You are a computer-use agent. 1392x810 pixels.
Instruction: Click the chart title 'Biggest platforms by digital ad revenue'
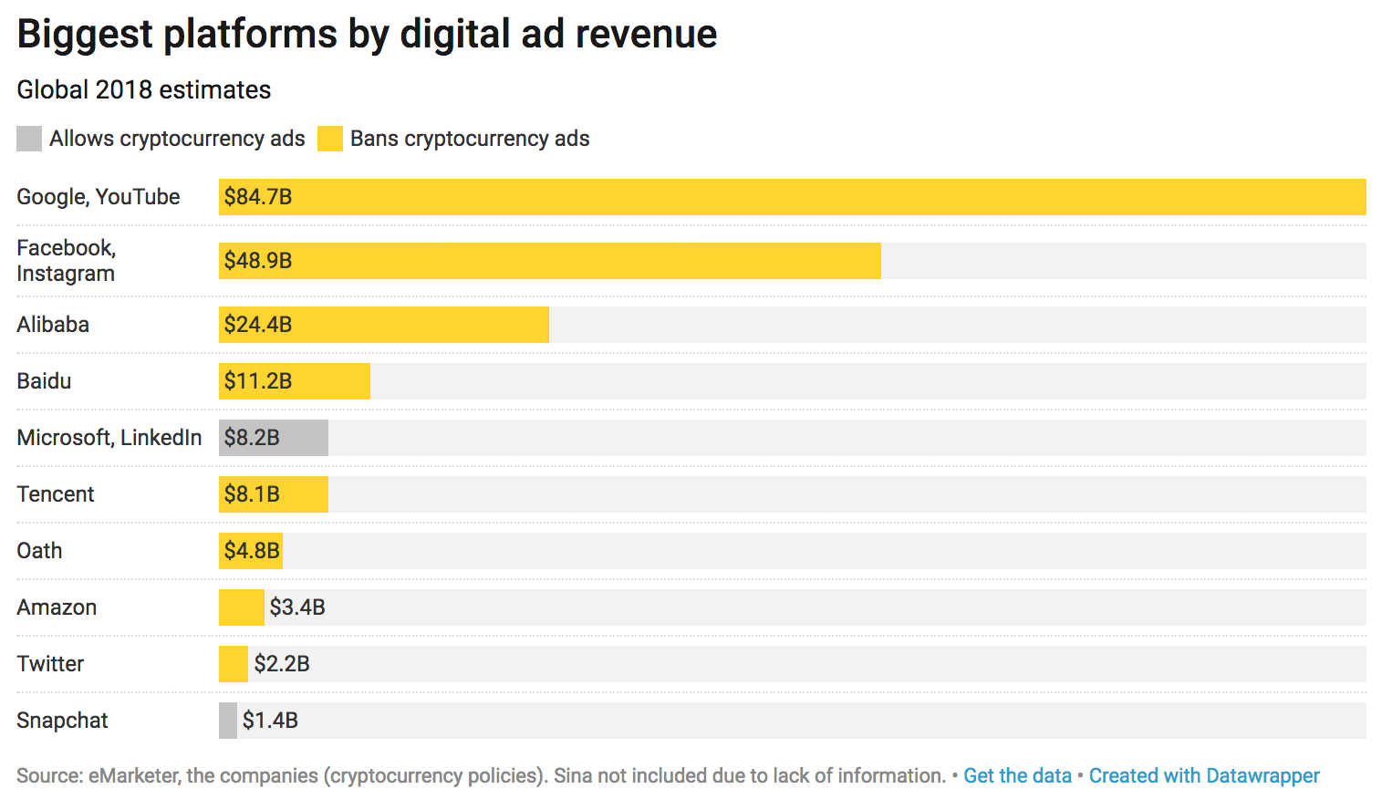tap(367, 35)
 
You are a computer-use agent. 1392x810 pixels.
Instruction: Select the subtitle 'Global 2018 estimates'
tap(144, 90)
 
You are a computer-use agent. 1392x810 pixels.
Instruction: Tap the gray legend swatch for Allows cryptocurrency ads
tap(29, 139)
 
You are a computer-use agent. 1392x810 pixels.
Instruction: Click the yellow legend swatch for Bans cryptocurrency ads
tap(330, 139)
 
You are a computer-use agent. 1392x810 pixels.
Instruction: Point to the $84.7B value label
tap(258, 197)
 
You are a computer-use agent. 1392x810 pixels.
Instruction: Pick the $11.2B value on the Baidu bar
tap(258, 381)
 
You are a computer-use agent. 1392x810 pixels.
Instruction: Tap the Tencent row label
tap(56, 494)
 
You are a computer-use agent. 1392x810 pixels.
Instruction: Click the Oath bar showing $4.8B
tap(251, 551)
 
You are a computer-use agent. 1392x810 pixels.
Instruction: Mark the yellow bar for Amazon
tap(242, 607)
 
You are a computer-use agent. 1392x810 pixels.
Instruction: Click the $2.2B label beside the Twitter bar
tap(282, 664)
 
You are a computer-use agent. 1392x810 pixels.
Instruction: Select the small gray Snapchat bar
tap(228, 721)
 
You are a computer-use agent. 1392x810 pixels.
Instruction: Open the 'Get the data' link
tap(1017, 776)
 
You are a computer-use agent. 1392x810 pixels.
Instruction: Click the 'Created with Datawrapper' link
tap(1204, 776)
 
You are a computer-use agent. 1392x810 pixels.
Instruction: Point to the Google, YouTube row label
tap(99, 197)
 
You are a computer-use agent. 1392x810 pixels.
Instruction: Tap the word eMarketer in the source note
tap(133, 776)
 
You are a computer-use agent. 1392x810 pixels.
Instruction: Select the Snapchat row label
tap(62, 721)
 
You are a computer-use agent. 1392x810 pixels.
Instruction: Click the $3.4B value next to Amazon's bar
tap(297, 607)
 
